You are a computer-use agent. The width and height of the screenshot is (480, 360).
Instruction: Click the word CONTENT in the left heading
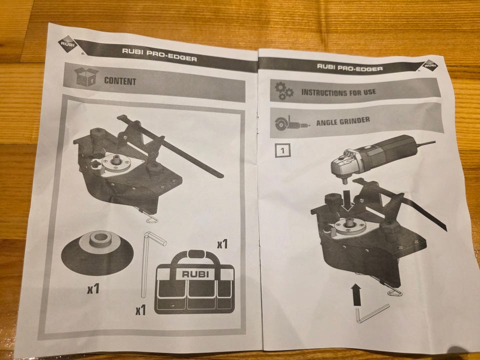coord(120,81)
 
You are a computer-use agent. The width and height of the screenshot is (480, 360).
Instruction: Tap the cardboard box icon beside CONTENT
coord(86,77)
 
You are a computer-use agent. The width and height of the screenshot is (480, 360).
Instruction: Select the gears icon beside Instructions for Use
coord(284,91)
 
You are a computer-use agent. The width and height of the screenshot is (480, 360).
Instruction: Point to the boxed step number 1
coord(282,150)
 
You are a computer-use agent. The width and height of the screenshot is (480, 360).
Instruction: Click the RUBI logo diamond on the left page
coord(67,44)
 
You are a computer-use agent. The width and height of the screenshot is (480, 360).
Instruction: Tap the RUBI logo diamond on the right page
coord(430,65)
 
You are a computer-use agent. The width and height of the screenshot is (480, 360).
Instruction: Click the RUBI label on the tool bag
coord(195,274)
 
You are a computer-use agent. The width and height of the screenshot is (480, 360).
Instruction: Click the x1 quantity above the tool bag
coord(222,244)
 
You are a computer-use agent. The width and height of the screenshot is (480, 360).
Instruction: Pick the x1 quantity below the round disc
coord(93,288)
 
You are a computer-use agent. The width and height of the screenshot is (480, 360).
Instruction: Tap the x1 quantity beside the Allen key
coord(141,310)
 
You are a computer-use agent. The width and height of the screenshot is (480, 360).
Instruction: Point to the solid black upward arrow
coord(356,294)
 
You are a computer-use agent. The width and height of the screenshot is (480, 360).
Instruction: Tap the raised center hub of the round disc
coord(100,239)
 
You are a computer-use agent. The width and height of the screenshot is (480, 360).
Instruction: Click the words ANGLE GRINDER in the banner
coord(343,121)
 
